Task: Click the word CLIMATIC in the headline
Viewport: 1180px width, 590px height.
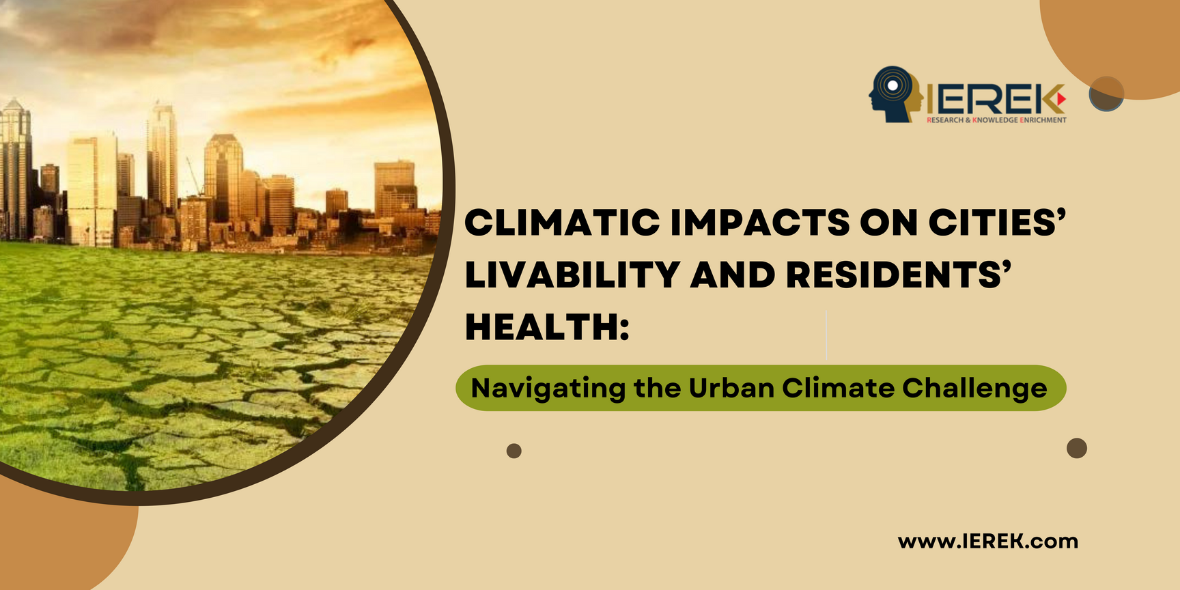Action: pyautogui.click(x=563, y=223)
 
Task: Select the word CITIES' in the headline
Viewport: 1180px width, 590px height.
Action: pyautogui.click(x=997, y=223)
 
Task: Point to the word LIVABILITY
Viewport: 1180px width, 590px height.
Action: pyautogui.click(x=572, y=275)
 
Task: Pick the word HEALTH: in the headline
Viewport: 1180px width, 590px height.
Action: pyautogui.click(x=547, y=326)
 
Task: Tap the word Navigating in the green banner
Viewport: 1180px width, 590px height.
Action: pyautogui.click(x=548, y=389)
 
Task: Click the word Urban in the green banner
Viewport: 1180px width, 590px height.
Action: pyautogui.click(x=731, y=388)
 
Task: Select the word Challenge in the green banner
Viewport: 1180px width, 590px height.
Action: pyautogui.click(x=974, y=389)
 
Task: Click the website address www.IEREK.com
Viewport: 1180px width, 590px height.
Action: pyautogui.click(x=988, y=542)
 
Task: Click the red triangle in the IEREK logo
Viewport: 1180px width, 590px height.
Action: pyautogui.click(x=1060, y=99)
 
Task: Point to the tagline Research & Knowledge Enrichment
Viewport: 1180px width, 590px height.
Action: pyautogui.click(x=996, y=120)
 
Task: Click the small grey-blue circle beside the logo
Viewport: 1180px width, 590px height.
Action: pyautogui.click(x=1106, y=94)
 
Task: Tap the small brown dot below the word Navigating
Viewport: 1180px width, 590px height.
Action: pyautogui.click(x=514, y=451)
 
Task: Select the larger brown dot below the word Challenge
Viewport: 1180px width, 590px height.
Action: pyautogui.click(x=1077, y=448)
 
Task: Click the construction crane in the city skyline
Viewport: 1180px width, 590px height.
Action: pyautogui.click(x=195, y=176)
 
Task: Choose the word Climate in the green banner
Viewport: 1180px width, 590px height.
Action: pyautogui.click(x=839, y=388)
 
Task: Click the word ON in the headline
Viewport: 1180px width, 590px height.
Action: pyautogui.click(x=888, y=223)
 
